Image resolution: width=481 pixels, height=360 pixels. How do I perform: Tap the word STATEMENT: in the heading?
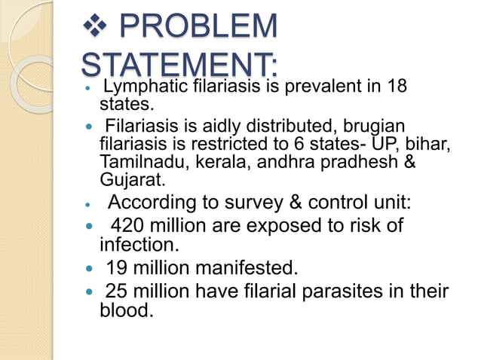tap(179, 63)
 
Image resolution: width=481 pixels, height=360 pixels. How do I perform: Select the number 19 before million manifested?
tap(115, 267)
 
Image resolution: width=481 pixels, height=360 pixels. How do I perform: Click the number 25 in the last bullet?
tap(115, 289)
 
